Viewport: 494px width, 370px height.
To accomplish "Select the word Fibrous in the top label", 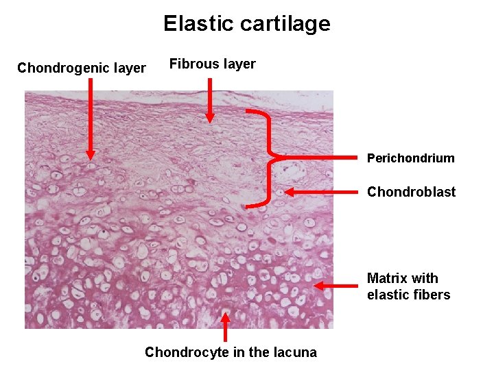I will tap(192, 64).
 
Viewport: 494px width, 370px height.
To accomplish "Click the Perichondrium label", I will tap(410, 158).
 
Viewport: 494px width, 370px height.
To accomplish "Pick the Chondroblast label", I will tap(411, 192).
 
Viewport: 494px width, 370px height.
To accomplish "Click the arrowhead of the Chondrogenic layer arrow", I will tap(91, 154).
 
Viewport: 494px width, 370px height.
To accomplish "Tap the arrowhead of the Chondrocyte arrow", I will tap(226, 317).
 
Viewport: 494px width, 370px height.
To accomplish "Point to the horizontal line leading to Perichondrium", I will tap(322, 158).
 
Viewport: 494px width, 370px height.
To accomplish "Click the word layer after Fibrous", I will tap(239, 64).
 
